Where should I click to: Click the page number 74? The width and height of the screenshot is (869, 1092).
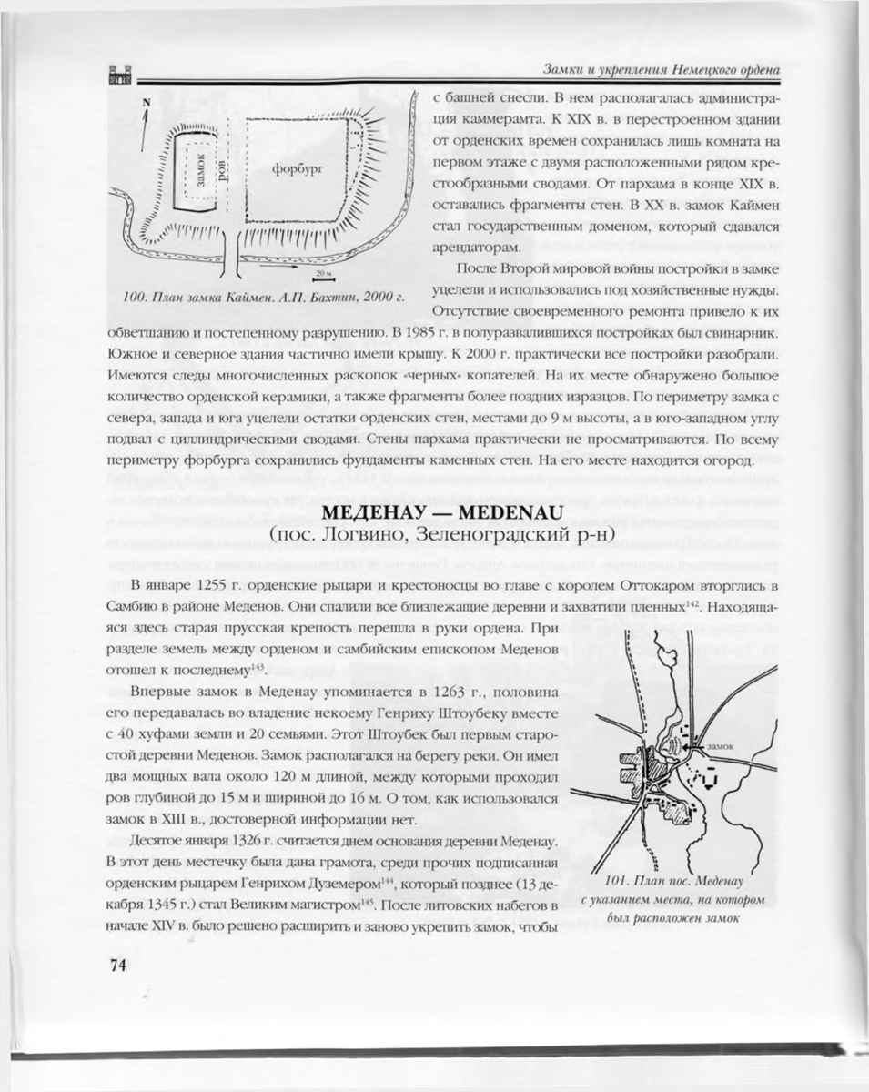[x=113, y=966]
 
